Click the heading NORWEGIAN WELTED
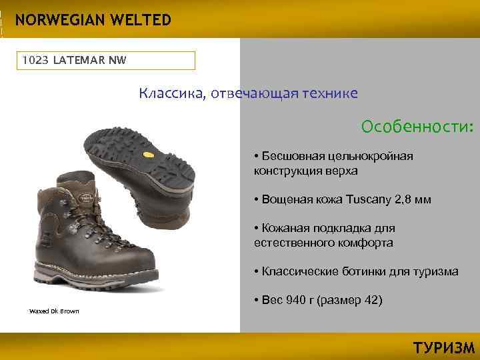(x=93, y=20)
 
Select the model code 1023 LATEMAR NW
(x=74, y=61)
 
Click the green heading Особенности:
(x=417, y=127)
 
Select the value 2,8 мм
(x=413, y=199)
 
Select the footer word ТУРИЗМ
(x=443, y=348)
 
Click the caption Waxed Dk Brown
(x=54, y=311)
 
